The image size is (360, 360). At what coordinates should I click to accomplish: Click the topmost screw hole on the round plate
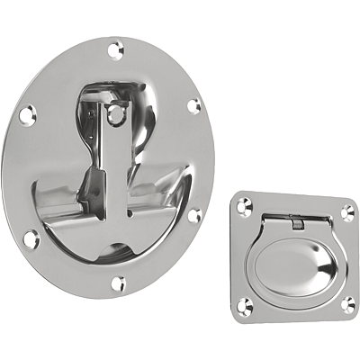point(114,49)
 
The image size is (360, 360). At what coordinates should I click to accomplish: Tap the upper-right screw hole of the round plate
point(193,106)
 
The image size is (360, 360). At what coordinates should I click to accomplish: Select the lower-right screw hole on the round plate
point(193,216)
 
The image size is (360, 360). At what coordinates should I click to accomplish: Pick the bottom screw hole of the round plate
point(118,283)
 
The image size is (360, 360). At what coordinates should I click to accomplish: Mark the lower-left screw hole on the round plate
point(31,238)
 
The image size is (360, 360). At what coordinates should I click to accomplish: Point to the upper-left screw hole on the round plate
point(28,113)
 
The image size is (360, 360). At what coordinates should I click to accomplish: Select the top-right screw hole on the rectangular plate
point(346,212)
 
